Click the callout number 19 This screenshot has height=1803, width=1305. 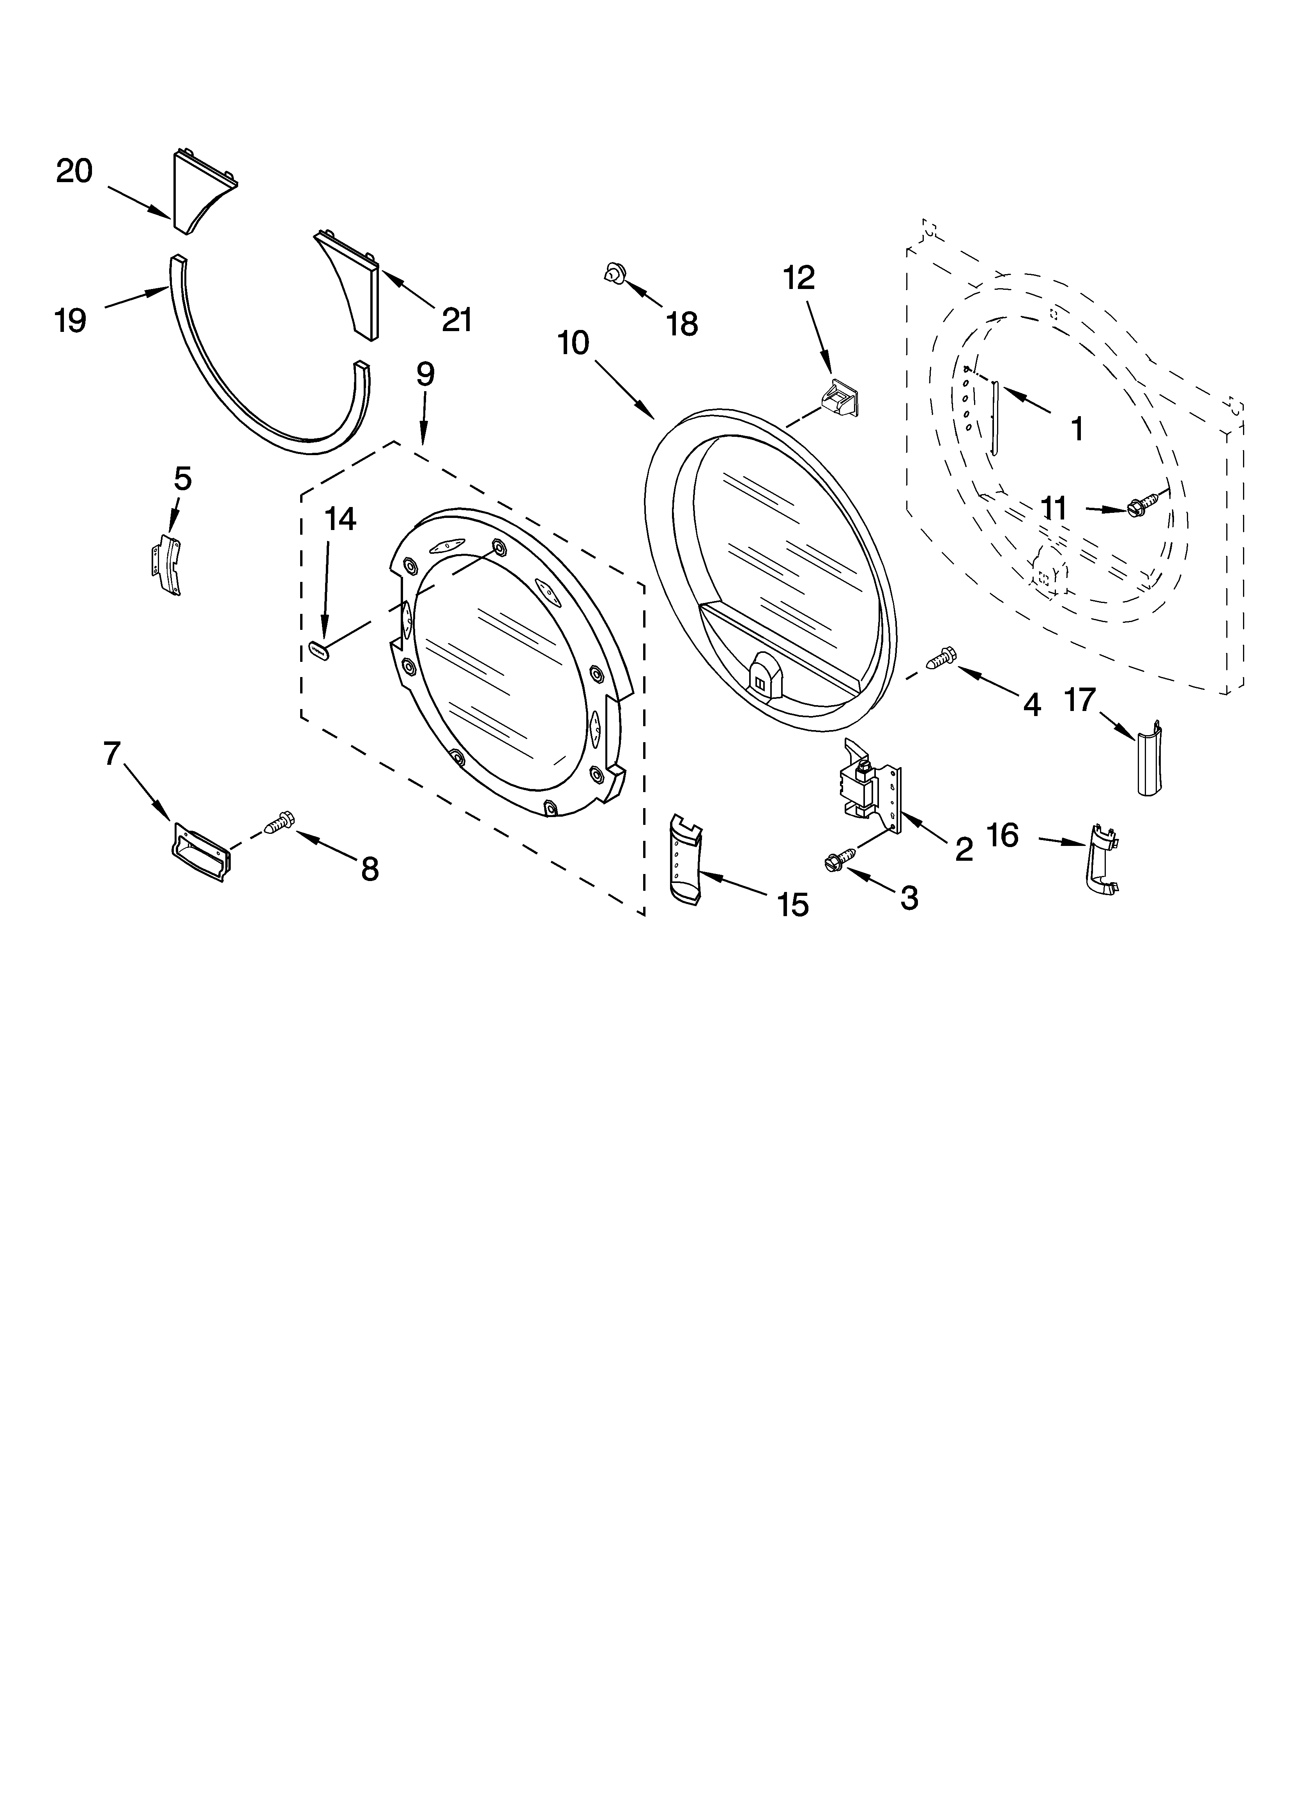coord(71,320)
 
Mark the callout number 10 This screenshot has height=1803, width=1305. coord(573,343)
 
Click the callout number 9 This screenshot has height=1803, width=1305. coord(425,374)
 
